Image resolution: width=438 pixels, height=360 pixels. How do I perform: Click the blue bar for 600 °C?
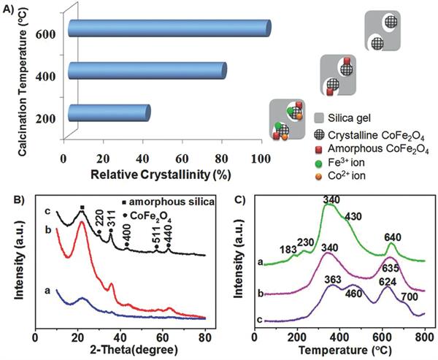click(169, 27)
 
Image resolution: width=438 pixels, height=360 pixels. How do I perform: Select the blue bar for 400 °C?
click(146, 70)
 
